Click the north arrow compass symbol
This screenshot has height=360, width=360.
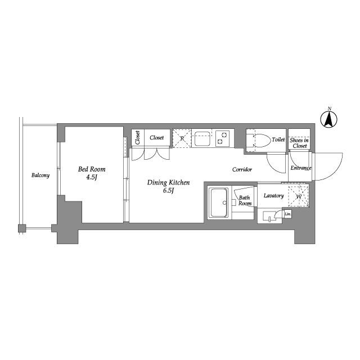pyautogui.click(x=329, y=119)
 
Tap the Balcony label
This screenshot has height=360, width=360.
pyautogui.click(x=40, y=175)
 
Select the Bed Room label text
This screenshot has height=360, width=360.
pyautogui.click(x=92, y=169)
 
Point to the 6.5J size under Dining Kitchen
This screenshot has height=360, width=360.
pyautogui.click(x=168, y=190)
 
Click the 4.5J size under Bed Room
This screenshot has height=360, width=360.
pyautogui.click(x=92, y=177)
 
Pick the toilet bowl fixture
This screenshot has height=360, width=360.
pyautogui.click(x=262, y=140)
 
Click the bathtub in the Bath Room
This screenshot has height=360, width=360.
pyautogui.click(x=218, y=202)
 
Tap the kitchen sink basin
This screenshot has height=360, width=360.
pyautogui.click(x=202, y=139)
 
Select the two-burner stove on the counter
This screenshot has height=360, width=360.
pyautogui.click(x=222, y=138)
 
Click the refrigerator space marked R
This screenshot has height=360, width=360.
pyautogui.click(x=182, y=138)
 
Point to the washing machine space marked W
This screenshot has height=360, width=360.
pyautogui.click(x=299, y=196)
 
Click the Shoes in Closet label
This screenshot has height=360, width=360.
pyautogui.click(x=299, y=143)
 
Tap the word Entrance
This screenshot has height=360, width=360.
pyautogui.click(x=301, y=168)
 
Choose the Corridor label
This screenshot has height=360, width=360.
pyautogui.click(x=242, y=169)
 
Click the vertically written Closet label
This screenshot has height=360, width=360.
pyautogui.click(x=137, y=137)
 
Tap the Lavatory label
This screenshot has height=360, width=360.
pyautogui.click(x=274, y=196)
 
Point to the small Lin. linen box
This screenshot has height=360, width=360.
pyautogui.click(x=287, y=214)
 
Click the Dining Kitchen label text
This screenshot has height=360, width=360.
pyautogui.click(x=169, y=182)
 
